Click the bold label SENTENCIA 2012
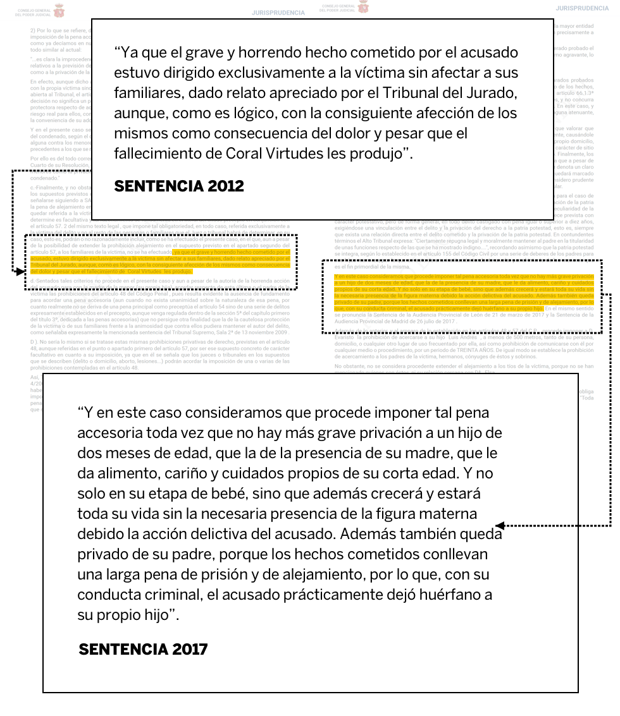(x=178, y=186)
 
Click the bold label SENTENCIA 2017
(x=143, y=649)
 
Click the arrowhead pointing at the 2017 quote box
(x=499, y=525)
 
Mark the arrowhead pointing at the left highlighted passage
(x=20, y=271)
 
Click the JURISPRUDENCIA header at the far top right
(x=582, y=8)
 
